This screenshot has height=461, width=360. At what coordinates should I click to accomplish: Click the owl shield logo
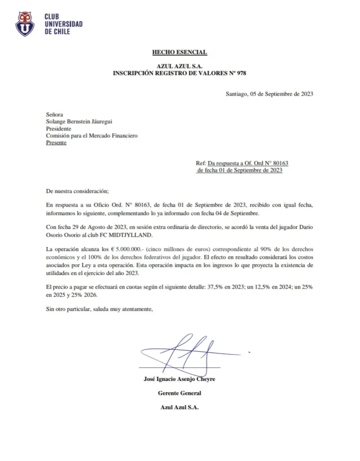point(26,24)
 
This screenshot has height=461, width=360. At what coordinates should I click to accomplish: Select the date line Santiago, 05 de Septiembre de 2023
point(269,94)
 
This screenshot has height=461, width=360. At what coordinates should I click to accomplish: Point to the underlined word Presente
point(56,143)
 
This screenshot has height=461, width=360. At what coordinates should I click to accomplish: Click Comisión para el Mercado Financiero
point(92,136)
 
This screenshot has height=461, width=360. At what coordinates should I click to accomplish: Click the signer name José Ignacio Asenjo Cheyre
point(179,379)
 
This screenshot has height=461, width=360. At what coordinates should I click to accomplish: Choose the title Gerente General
point(179,393)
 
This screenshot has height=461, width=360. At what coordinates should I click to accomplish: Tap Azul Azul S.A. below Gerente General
point(179,407)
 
